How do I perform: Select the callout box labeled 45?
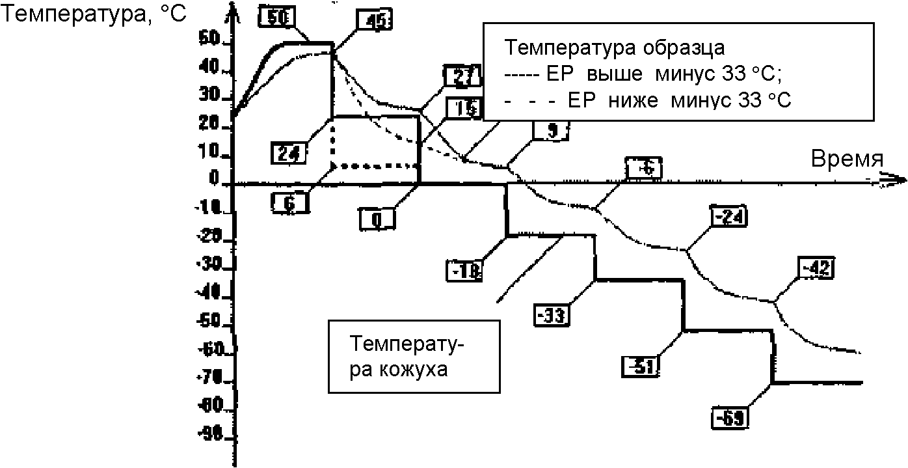[374, 21]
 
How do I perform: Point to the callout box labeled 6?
[289, 203]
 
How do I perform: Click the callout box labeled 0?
[375, 219]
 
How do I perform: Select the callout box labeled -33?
[552, 314]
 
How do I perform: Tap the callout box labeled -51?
[641, 366]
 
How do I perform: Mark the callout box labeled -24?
[730, 217]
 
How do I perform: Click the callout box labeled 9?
[552, 130]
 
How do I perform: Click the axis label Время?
[847, 159]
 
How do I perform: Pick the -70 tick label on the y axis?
[210, 378]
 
